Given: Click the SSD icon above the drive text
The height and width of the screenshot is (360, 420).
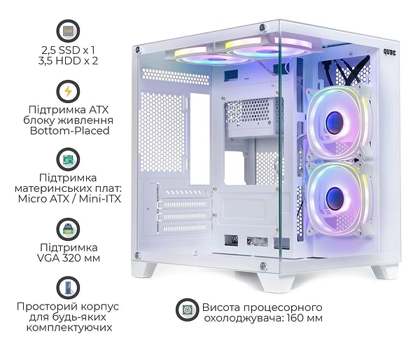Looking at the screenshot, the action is [x=68, y=31].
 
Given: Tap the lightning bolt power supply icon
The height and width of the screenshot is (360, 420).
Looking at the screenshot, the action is [x=68, y=91].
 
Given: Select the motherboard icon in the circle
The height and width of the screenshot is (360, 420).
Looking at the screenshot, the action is [x=68, y=160].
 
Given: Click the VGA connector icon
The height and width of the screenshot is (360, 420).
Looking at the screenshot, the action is [x=68, y=229].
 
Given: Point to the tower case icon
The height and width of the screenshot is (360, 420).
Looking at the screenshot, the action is [x=68, y=288].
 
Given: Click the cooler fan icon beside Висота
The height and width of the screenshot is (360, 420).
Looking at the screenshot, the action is [x=187, y=310].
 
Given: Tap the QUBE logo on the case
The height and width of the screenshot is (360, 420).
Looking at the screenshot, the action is [x=389, y=53].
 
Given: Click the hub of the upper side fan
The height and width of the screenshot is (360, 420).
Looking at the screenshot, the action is [x=335, y=123].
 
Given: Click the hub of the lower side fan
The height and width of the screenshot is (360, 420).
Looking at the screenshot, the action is [x=335, y=199].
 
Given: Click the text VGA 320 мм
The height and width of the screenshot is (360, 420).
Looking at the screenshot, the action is [x=69, y=258].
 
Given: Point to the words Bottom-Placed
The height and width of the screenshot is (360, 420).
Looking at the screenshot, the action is [x=69, y=131].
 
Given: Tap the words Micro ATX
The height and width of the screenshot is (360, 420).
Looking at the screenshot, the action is [x=43, y=199].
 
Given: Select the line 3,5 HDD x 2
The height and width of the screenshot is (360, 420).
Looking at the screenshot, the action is [x=68, y=61].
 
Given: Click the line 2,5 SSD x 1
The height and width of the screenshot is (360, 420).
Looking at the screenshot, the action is [x=68, y=50].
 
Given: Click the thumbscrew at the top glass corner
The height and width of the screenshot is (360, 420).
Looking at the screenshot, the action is [x=262, y=27].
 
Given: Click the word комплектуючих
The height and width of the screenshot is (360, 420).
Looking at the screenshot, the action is [x=69, y=328].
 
